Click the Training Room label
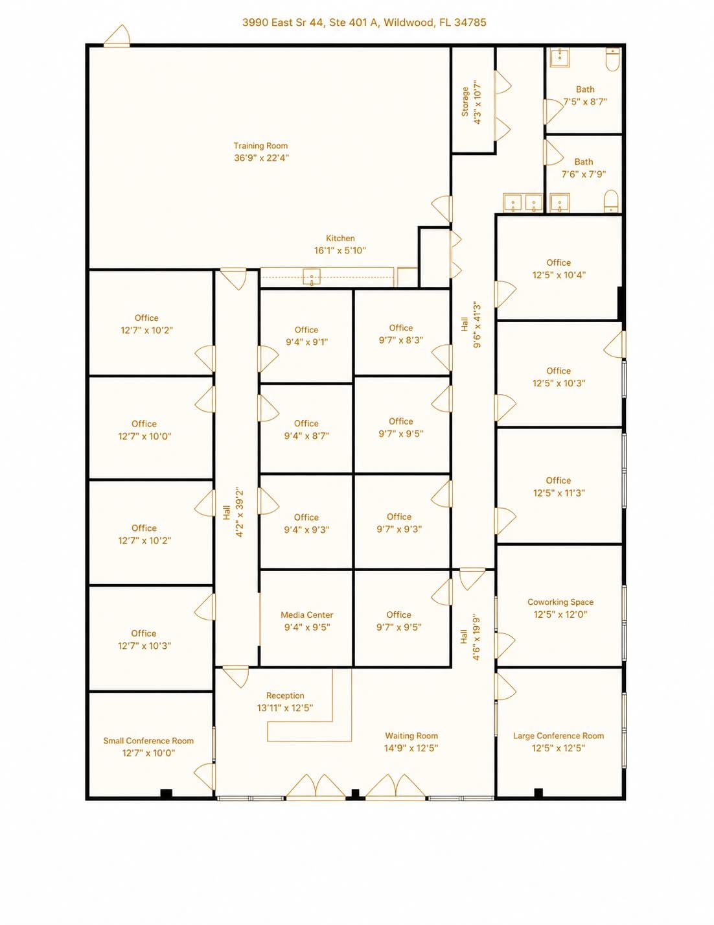pyautogui.click(x=260, y=146)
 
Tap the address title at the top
pyautogui.click(x=364, y=23)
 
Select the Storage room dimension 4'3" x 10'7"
pyautogui.click(x=478, y=102)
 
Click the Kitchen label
pyautogui.click(x=340, y=239)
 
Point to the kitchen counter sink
pyautogui.click(x=312, y=277)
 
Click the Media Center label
pyautogui.click(x=307, y=615)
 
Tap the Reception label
pyautogui.click(x=285, y=696)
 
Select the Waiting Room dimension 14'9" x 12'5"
pyautogui.click(x=411, y=748)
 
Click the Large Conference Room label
pyautogui.click(x=559, y=736)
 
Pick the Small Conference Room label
pyautogui.click(x=148, y=741)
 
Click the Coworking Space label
pyautogui.click(x=560, y=602)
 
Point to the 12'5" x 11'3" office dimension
pyautogui.click(x=559, y=493)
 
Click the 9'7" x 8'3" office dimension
pyautogui.click(x=401, y=340)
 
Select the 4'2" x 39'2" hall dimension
pyautogui.click(x=239, y=512)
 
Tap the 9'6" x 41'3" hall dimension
pyautogui.click(x=477, y=325)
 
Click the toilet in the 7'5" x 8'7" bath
pyautogui.click(x=612, y=60)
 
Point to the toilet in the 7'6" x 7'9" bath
pyautogui.click(x=610, y=202)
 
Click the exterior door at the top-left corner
pyautogui.click(x=117, y=36)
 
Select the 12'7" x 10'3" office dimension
pyautogui.click(x=144, y=646)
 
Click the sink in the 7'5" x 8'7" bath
pyautogui.click(x=560, y=58)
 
